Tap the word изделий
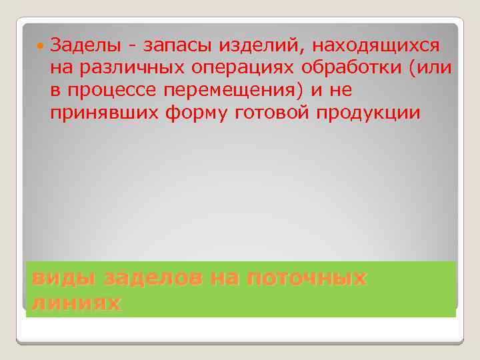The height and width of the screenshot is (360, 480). pos(251,47)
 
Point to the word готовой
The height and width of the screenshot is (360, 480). pos(274,113)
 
